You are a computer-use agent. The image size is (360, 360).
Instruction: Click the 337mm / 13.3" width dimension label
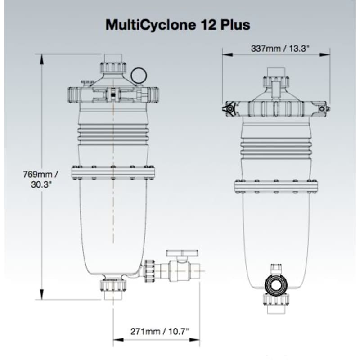coord(275,49)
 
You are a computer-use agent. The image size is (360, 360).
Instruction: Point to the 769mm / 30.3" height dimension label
coord(41,179)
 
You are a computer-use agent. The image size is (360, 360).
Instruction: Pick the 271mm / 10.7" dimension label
coord(157,332)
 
